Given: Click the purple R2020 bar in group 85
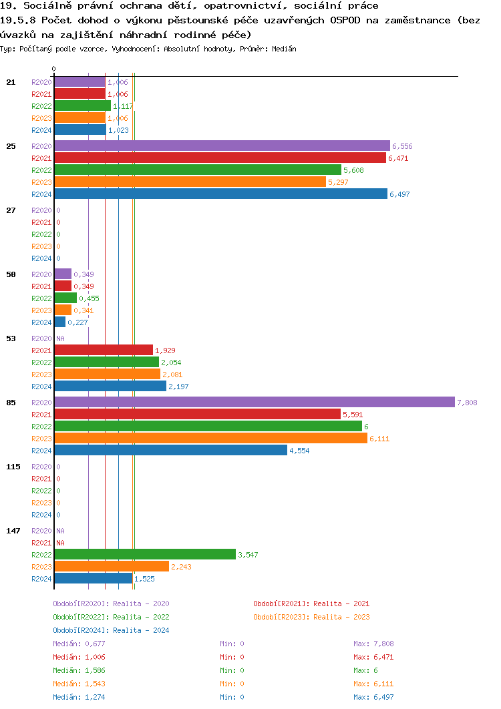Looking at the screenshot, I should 254,402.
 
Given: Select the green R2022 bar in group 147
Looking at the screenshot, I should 145,554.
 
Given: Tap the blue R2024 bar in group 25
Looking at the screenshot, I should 220,194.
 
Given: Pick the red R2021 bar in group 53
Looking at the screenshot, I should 104,350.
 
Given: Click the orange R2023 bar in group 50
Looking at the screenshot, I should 63,310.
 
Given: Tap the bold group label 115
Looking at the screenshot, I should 13,467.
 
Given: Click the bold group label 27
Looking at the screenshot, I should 11,210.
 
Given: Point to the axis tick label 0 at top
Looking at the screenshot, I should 54,69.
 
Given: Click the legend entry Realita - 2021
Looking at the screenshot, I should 311,604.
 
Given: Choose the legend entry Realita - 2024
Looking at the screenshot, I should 111,630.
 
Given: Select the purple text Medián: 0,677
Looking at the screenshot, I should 79,644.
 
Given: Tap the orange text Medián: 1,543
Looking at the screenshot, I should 79,684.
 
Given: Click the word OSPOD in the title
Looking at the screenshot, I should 345,20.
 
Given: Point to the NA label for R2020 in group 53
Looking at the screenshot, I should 60,338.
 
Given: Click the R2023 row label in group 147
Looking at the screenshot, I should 41,567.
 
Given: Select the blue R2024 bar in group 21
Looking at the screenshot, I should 80,130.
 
